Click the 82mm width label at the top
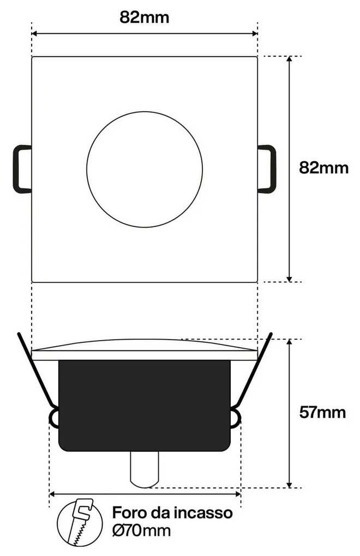pos(144,17)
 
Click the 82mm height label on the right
pos(323,167)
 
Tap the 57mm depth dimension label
pos(322,412)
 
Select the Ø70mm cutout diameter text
pos(141,530)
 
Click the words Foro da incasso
pos(172,513)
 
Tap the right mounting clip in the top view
pos(267,168)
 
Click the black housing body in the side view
pos(145,406)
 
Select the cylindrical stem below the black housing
pos(145,469)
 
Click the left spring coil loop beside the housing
pos(54,418)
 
